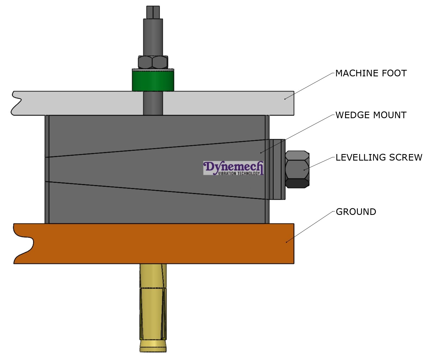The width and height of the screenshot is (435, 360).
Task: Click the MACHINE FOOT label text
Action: tap(371, 73)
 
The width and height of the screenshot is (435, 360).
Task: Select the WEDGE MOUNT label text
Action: tap(371, 115)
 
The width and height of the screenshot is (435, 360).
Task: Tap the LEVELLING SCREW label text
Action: tap(379, 158)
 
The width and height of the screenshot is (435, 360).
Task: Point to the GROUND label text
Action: tap(356, 212)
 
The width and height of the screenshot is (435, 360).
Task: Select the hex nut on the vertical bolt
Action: tap(153, 62)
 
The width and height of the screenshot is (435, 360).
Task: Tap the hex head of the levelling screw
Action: tap(297, 169)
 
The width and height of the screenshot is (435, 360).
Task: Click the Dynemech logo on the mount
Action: tap(233, 168)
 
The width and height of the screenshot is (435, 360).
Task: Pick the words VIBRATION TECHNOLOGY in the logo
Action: tap(239, 173)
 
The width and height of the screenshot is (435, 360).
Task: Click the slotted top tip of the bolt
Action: tap(153, 12)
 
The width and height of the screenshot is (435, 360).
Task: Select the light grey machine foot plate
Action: tap(217, 103)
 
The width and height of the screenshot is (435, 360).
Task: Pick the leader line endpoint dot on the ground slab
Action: tap(286, 242)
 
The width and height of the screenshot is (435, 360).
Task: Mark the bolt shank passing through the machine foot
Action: tap(153, 103)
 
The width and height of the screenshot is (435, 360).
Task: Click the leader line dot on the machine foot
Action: tap(285, 99)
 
